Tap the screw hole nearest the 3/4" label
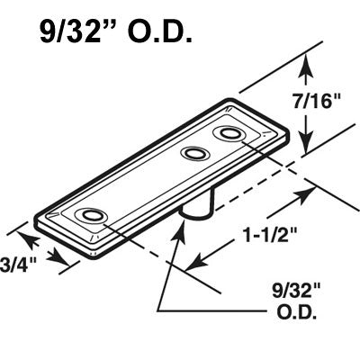click(90, 216)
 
